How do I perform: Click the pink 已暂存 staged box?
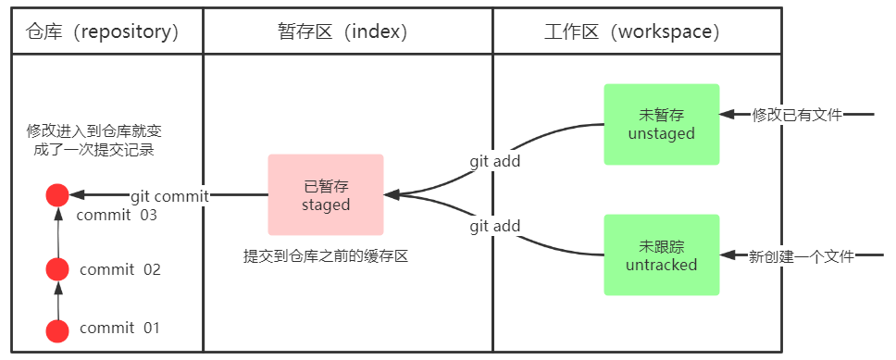click(326, 194)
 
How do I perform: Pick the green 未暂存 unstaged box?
click(661, 124)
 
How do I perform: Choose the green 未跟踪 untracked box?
click(661, 254)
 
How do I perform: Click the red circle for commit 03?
click(57, 195)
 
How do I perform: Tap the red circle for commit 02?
click(57, 269)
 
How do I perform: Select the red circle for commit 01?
click(57, 329)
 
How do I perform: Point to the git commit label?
click(169, 195)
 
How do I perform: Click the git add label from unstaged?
click(494, 161)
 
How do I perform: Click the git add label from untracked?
click(494, 226)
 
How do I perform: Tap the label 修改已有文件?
click(797, 115)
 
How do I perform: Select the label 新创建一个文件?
click(802, 255)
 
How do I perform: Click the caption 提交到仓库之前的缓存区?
click(326, 256)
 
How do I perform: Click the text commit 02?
click(120, 270)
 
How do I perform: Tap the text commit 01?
click(120, 329)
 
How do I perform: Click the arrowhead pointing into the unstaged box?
click(728, 115)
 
